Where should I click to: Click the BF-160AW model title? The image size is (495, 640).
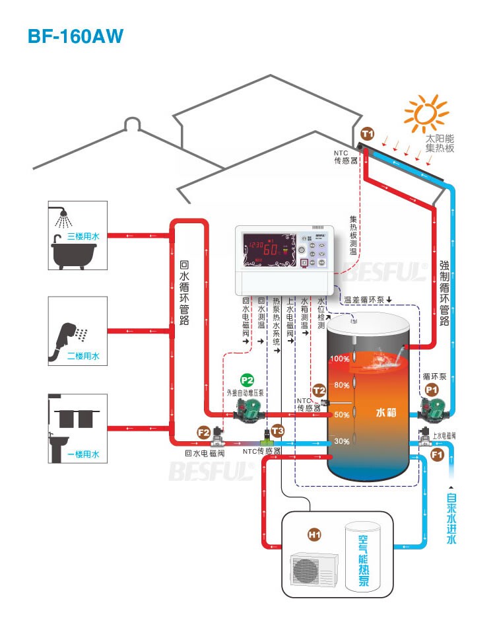point(75,36)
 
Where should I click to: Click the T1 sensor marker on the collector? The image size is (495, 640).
point(368,134)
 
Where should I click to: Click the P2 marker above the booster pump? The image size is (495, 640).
point(247,380)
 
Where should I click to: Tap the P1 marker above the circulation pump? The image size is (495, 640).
point(432,390)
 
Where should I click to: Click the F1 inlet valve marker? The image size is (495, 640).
point(437,454)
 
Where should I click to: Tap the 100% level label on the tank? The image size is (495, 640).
point(340,359)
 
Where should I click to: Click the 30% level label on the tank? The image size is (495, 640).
point(341,441)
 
